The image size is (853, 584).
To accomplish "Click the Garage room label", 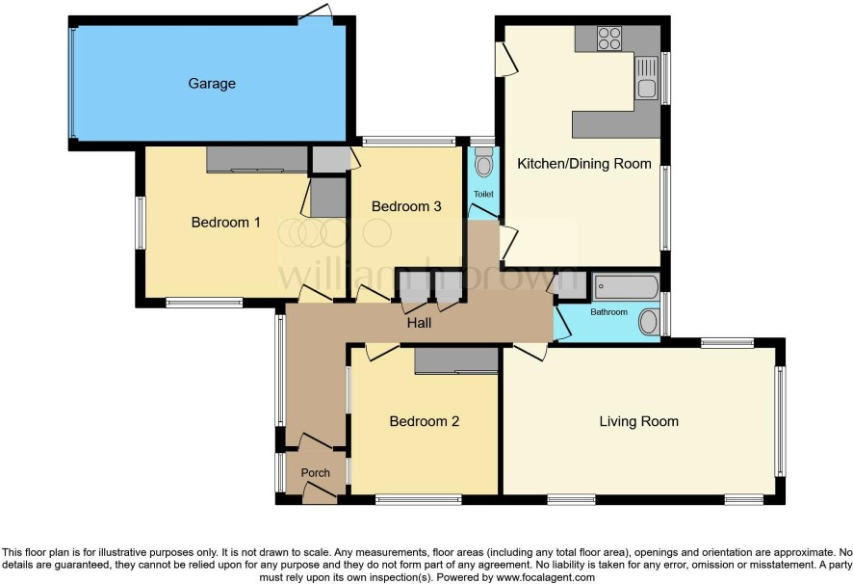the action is pyautogui.click(x=212, y=84).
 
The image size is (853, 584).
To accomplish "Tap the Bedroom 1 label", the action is pyautogui.click(x=225, y=223).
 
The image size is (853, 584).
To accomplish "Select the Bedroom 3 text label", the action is pyautogui.click(x=406, y=206).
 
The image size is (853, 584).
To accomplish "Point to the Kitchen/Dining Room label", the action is pyautogui.click(x=583, y=164).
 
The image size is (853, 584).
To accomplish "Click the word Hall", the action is pyautogui.click(x=419, y=323).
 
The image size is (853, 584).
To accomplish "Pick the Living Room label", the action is pyautogui.click(x=638, y=421).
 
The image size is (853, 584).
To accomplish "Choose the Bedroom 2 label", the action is pyautogui.click(x=425, y=421).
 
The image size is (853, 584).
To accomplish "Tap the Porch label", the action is pyautogui.click(x=316, y=473).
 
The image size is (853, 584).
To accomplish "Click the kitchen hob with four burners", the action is pyautogui.click(x=608, y=39).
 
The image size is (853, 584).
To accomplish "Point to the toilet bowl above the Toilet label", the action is pyautogui.click(x=483, y=162).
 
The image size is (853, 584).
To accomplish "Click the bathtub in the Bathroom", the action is pyautogui.click(x=626, y=286).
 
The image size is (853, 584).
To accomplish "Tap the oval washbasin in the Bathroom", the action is pyautogui.click(x=648, y=323).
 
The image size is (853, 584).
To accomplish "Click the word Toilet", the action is pyautogui.click(x=483, y=194).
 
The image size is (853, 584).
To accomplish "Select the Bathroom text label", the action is pyautogui.click(x=608, y=312).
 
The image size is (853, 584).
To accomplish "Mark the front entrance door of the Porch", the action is pyautogui.click(x=320, y=493).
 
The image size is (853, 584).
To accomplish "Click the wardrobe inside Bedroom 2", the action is pyautogui.click(x=456, y=361).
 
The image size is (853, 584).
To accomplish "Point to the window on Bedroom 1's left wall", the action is pyautogui.click(x=141, y=223).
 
